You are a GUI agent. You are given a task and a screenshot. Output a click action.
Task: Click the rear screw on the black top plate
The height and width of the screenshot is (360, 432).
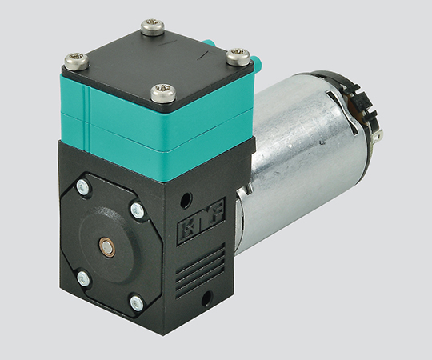[x=153, y=27]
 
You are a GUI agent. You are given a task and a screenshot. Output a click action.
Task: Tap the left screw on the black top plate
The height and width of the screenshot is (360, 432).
[x=77, y=62]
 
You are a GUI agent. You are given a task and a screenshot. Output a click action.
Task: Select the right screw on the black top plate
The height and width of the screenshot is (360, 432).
[x=238, y=57]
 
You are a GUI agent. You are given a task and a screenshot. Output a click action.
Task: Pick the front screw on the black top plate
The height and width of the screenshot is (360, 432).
[x=163, y=93]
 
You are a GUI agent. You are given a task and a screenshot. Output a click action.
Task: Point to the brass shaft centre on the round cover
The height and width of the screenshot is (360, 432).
[x=106, y=245]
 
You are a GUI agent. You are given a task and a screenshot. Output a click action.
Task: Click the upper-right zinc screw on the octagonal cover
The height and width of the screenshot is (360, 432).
[x=138, y=210]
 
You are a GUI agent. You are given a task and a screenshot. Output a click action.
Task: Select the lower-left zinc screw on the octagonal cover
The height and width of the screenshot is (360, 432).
[x=83, y=278]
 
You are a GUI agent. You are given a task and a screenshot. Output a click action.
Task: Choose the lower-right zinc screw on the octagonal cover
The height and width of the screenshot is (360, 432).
[x=137, y=303]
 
